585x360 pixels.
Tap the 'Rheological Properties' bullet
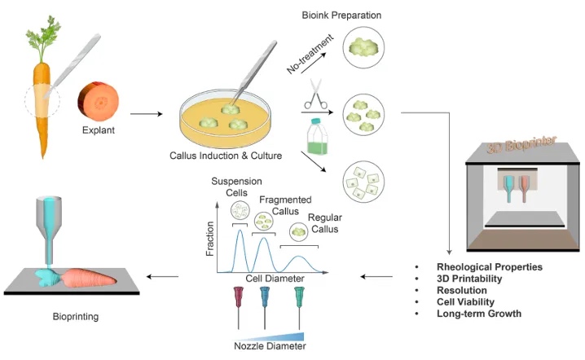tap(489, 266)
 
